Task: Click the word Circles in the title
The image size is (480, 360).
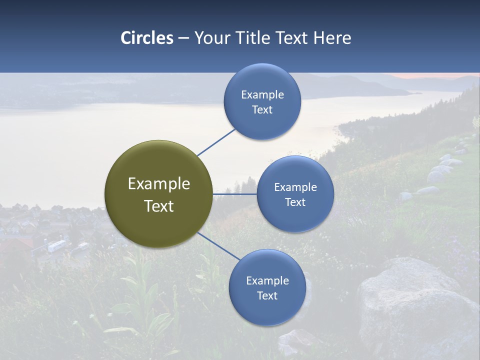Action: click(x=147, y=38)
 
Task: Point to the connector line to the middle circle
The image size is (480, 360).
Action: click(x=235, y=194)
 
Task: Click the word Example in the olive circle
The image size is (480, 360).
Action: click(x=159, y=184)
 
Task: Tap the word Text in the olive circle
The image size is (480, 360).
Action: click(x=159, y=206)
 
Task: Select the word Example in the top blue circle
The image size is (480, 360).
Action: click(x=262, y=94)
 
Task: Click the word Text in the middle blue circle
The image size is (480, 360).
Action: click(x=295, y=202)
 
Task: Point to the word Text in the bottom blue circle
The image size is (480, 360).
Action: click(x=267, y=295)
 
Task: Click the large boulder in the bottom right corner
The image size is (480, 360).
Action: click(x=415, y=305)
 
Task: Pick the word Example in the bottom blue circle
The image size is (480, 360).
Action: click(x=267, y=280)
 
